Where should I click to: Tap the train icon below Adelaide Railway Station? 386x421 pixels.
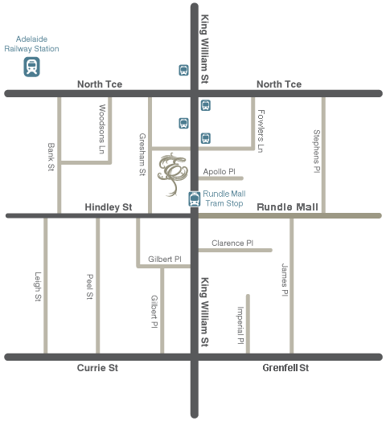coord(33,67)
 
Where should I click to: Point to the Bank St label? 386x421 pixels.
coord(50,157)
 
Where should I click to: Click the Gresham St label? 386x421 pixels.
coord(142,155)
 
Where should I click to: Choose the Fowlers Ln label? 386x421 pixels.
coord(261,130)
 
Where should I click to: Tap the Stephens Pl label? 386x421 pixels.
coord(316,151)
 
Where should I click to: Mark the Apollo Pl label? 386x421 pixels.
coord(219,171)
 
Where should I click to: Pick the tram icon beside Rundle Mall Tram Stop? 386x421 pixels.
coord(194,199)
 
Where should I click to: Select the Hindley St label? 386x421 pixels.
coord(109,207)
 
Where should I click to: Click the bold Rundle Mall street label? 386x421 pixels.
coord(287,207)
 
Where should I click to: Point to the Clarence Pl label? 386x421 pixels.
coord(232,243)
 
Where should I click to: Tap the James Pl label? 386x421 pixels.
coord(283,280)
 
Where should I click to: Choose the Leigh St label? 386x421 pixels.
coord(37,287)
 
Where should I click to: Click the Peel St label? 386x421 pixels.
coord(89,287)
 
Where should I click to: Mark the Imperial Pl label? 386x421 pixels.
coord(240,325)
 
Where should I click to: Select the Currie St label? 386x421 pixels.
coord(97,367)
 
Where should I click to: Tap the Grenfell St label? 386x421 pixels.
coord(285,367)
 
